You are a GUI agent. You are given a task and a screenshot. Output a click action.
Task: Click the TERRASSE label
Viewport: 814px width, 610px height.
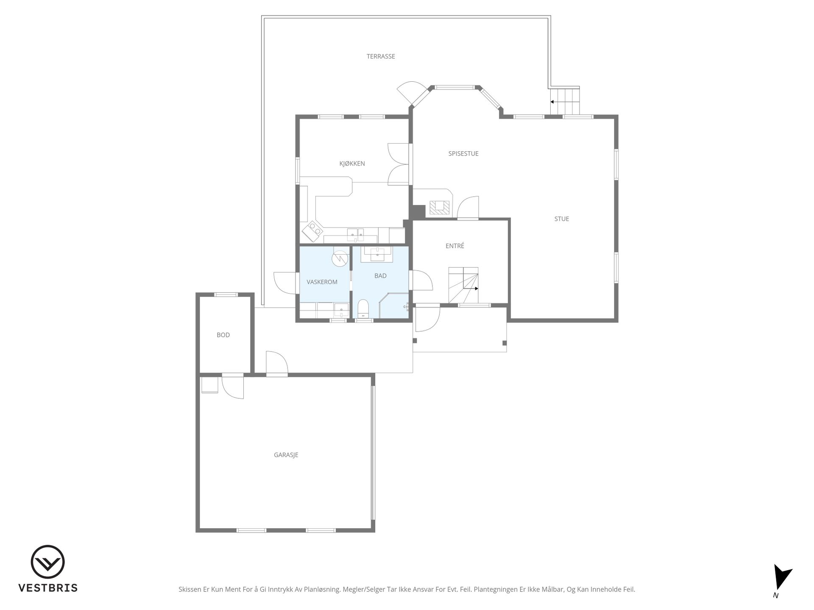381,56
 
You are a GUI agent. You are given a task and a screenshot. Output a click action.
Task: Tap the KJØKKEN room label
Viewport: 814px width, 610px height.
352,164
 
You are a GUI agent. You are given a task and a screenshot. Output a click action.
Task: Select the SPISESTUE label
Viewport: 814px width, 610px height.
463,153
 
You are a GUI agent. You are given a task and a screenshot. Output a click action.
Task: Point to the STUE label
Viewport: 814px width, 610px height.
562,219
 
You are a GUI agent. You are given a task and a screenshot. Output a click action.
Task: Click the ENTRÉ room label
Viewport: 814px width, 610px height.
455,246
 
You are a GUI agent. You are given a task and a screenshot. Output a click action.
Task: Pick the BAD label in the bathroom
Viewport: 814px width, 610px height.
380,276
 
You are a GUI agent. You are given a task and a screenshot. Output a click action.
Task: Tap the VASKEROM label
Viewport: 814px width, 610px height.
322,282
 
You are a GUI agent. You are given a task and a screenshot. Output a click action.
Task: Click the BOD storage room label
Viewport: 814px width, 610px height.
223,335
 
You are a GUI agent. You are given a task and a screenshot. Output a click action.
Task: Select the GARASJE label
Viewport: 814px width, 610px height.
286,455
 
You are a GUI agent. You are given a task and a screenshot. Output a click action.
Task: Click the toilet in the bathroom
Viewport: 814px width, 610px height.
364,309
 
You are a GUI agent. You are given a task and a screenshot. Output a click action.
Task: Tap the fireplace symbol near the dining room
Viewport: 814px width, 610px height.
439,207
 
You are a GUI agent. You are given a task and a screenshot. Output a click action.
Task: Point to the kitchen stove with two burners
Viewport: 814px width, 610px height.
312,231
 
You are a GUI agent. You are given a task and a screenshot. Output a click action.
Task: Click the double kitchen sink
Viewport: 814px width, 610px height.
355,234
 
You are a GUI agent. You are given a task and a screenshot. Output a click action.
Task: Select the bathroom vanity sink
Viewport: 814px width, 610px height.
377,254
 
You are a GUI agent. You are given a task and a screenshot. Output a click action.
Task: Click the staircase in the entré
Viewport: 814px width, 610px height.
463,285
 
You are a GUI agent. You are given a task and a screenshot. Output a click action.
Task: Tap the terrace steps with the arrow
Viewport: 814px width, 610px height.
565,100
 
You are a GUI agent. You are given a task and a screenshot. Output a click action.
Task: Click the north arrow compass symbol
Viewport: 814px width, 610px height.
781,578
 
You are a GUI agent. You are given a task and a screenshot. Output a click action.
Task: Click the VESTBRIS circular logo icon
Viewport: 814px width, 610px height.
47,562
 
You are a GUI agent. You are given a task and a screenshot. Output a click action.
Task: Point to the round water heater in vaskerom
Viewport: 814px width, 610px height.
340,258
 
